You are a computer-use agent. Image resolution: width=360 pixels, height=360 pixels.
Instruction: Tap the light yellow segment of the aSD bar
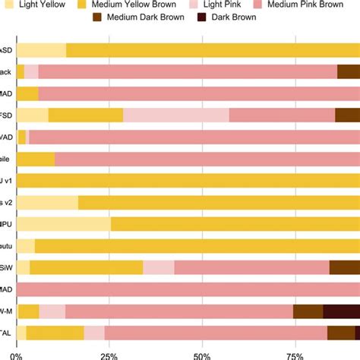pos(41,50)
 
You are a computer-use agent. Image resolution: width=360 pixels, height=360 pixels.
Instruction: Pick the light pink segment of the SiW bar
pos(159,267)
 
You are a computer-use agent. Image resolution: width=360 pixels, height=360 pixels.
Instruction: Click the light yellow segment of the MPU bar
pos(64,224)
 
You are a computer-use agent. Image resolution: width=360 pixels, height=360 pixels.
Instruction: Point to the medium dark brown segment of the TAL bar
pos(341,333)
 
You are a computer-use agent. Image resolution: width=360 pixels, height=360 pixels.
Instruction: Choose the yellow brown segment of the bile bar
pos(36,159)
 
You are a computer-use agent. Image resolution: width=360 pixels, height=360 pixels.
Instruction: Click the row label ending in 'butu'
pos(7,246)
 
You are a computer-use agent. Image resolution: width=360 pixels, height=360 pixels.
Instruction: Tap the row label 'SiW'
pos(7,267)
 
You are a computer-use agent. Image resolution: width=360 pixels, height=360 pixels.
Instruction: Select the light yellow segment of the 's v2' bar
pos(47,203)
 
